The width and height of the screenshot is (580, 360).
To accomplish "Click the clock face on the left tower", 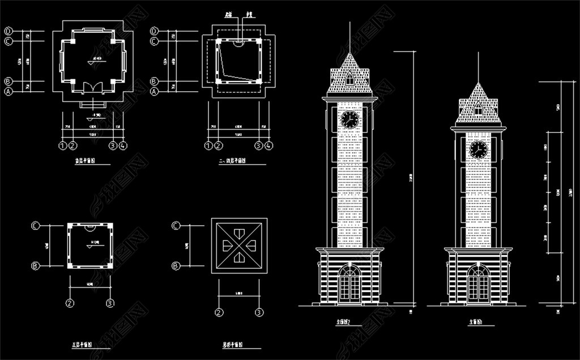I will pos(349,119).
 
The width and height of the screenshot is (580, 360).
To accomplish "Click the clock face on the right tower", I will pos(478,149).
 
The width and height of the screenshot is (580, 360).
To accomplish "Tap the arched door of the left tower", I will pos(349,284).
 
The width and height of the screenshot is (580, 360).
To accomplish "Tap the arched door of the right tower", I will pos(478,284).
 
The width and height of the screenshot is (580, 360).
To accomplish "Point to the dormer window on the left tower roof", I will pos(349,79).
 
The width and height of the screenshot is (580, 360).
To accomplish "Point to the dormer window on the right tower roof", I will pos(478,110).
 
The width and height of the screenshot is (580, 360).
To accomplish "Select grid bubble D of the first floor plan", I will pos(9,31).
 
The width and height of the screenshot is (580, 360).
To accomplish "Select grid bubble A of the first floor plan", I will pos(9,91).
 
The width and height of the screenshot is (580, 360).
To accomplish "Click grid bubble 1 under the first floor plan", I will pos(62,146).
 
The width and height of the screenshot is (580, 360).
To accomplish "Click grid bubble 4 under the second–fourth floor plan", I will pos(269,146).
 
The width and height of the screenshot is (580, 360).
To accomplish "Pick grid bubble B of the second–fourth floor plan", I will pos(154,81).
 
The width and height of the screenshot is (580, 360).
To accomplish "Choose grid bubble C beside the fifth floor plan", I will pos(36,225).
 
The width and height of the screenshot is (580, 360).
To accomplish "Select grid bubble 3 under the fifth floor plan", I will pos(110,303).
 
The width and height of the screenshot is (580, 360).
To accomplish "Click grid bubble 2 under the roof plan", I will pos(219,312).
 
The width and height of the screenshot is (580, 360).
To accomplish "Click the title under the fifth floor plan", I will pos(83,345).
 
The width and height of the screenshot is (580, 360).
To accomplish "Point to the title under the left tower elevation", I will pos(344,323).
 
